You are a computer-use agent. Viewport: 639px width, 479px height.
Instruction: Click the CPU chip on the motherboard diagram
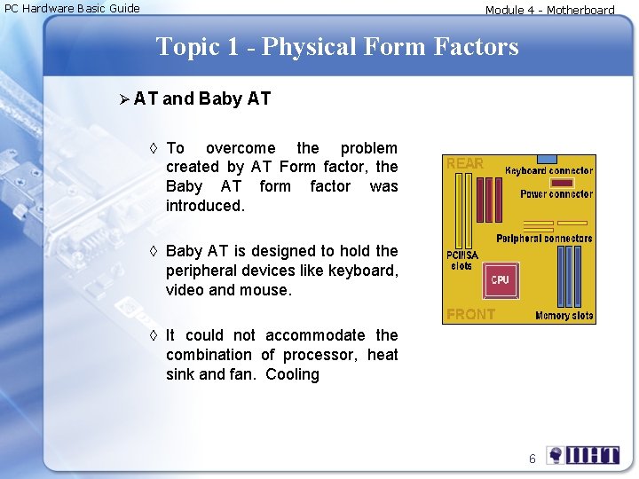(500, 279)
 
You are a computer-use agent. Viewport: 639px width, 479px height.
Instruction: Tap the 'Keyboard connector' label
(548, 170)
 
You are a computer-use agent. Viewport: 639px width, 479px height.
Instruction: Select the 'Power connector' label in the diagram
(556, 194)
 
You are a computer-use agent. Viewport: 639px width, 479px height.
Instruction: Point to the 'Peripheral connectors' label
(544, 238)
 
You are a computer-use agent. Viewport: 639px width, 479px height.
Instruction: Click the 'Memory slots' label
(564, 315)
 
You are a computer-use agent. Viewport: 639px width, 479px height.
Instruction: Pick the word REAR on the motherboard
(465, 164)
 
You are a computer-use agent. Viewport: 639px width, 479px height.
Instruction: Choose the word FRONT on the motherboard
(470, 314)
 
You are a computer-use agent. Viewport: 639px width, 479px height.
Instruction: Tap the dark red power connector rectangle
(562, 183)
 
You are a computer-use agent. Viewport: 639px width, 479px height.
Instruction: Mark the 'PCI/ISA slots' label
(462, 261)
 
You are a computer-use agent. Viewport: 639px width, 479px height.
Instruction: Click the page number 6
(532, 459)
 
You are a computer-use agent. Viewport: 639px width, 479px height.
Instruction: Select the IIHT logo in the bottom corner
(583, 456)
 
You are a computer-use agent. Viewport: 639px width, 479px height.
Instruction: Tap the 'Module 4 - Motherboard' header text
(549, 11)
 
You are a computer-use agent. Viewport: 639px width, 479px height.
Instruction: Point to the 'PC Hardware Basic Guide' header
(72, 9)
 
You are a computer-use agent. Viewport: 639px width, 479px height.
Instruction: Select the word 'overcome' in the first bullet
(241, 148)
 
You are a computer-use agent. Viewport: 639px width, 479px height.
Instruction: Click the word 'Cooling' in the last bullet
(292, 374)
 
